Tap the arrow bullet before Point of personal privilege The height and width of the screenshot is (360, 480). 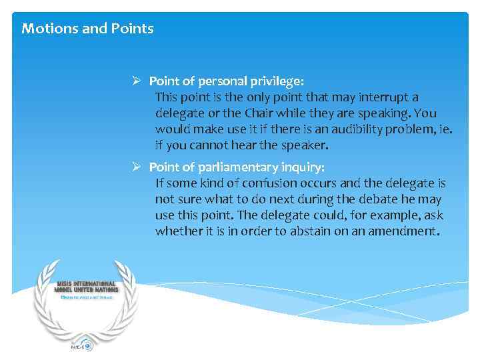point(135,81)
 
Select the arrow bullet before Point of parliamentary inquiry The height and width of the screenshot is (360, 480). point(135,167)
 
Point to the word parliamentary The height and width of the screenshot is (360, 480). point(231,167)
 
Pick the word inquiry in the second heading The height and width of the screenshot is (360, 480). point(304,167)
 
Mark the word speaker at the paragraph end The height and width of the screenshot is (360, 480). point(305,145)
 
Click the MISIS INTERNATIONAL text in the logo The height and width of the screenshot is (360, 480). point(86,283)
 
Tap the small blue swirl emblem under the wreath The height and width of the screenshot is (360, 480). point(87,347)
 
